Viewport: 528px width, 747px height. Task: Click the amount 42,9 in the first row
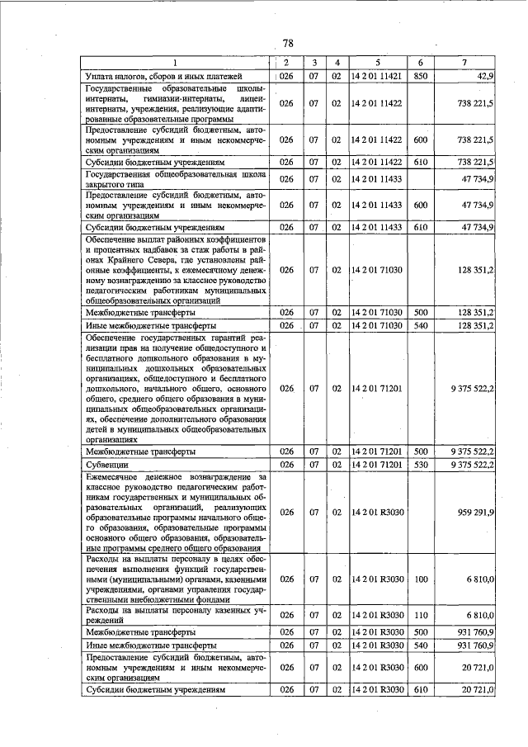[483, 76]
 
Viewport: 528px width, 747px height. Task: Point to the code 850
[420, 76]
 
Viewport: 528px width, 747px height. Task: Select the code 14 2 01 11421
[376, 76]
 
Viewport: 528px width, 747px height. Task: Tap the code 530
[420, 465]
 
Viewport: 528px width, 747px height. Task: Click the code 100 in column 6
[420, 580]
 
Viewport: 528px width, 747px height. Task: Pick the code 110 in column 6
[420, 615]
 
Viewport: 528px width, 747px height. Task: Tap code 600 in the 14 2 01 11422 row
[420, 139]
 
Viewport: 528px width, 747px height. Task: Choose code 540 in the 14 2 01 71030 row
[420, 326]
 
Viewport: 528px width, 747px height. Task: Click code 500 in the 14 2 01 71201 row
[420, 452]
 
